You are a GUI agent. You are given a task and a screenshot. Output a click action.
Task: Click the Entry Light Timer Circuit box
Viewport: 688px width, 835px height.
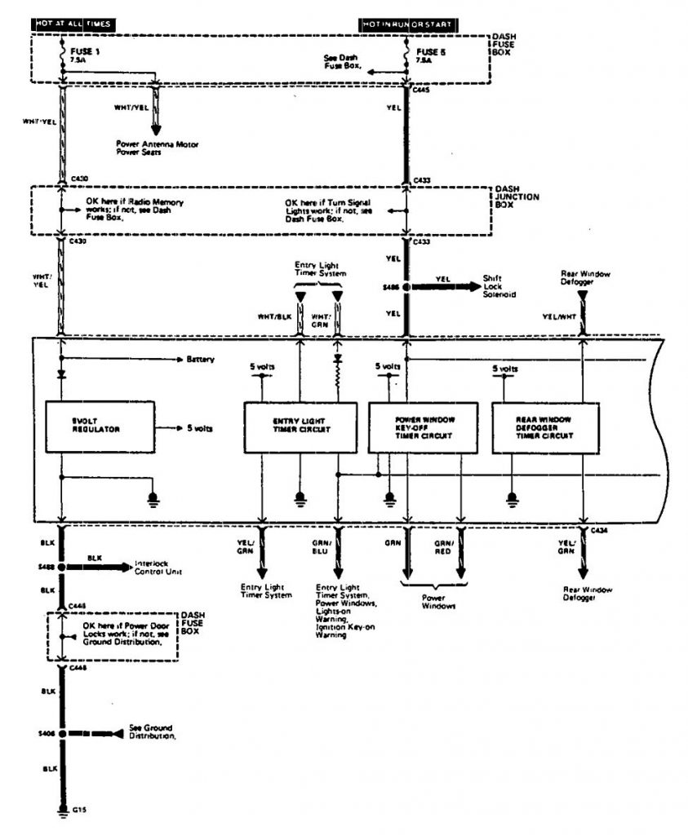click(x=300, y=426)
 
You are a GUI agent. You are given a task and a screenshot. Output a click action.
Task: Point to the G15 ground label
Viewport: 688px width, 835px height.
click(x=78, y=811)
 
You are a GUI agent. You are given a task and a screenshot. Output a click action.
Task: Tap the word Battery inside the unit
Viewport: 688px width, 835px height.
click(x=200, y=359)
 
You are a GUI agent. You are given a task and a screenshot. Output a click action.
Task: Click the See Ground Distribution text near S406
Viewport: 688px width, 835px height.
click(x=151, y=731)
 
